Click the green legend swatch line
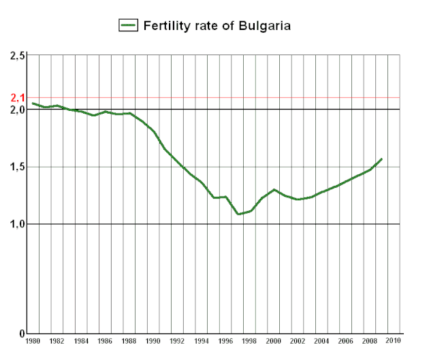(x=129, y=26)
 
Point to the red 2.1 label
(x=18, y=98)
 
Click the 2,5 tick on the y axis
(x=18, y=55)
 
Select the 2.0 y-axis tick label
(x=18, y=110)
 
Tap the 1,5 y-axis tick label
(x=18, y=167)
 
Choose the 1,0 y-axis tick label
(x=18, y=224)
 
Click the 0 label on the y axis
(x=22, y=333)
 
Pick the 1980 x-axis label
(x=33, y=341)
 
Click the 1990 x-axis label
(x=153, y=341)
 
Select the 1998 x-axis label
(x=249, y=341)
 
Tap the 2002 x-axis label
(x=298, y=341)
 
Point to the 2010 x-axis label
(x=394, y=341)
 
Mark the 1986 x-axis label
(x=105, y=341)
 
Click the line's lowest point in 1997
(x=238, y=214)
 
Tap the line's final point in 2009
(x=382, y=159)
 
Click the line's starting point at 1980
(x=33, y=103)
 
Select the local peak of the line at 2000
(x=274, y=189)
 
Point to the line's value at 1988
(x=129, y=113)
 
